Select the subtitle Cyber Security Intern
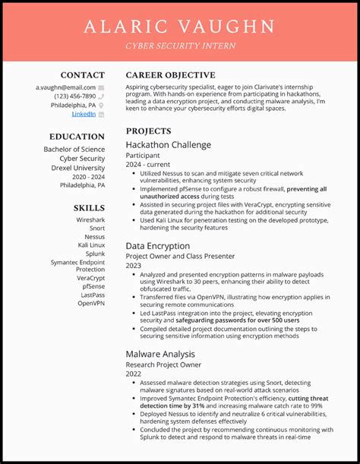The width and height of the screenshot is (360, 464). pos(180,46)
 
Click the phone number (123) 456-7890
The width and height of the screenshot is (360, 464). pos(74,96)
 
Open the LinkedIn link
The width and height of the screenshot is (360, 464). pos(84,114)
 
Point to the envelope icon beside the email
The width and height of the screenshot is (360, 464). pos(101,87)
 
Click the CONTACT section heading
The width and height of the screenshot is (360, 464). pos(83,75)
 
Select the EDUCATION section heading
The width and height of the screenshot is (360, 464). pos(77,137)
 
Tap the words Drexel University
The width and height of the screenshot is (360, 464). pos(78,168)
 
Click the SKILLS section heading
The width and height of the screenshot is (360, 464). pos(89,207)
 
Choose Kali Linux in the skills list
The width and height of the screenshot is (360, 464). pos(91,245)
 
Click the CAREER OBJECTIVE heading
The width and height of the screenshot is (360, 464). pos(170,75)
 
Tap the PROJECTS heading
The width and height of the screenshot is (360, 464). pos(149,131)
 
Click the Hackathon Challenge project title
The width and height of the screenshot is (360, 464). pos(168,145)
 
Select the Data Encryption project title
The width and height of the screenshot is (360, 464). pos(157,246)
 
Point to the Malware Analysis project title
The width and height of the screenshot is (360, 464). pos(160,354)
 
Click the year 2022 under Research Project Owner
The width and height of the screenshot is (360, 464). pos(134,374)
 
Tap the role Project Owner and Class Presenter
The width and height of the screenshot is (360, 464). pos(180,256)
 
